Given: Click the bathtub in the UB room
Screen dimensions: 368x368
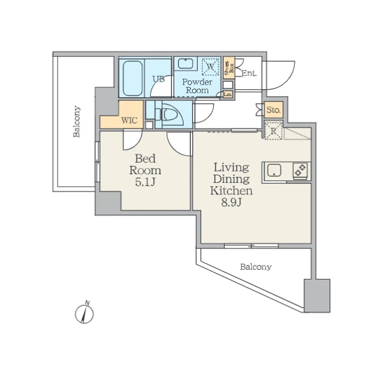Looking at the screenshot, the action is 133,78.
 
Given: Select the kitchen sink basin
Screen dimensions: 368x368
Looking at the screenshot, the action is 274,170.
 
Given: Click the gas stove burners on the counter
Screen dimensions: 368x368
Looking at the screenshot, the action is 300,170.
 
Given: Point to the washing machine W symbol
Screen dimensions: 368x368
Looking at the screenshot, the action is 210,67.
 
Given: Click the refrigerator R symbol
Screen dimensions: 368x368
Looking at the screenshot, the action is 274,131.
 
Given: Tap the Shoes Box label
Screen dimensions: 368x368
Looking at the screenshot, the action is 229,68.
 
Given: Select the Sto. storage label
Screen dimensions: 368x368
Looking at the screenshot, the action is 274,110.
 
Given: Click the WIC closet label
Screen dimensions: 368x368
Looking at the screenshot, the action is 129,121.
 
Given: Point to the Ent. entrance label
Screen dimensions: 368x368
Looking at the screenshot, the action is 249,73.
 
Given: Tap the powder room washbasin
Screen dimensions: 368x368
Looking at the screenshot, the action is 186,64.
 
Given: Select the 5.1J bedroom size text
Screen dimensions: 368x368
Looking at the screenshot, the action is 145,182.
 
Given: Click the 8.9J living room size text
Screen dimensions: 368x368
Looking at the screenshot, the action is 231,202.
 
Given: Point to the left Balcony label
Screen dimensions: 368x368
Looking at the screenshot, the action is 76,121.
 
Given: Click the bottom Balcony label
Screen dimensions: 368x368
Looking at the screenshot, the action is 256,267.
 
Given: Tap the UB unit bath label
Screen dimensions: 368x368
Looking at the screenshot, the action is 159,79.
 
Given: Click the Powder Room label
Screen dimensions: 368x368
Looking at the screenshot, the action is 197,86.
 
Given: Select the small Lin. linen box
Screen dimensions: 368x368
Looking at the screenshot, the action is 228,94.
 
